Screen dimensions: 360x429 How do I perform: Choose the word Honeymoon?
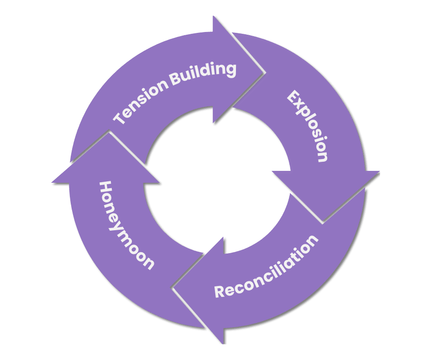click(x=125, y=225)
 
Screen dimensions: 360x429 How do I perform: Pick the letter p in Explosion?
click(x=303, y=113)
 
